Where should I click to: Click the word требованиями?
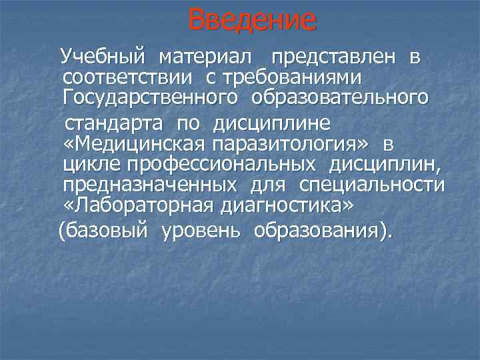(x=295, y=77)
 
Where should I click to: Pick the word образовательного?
(x=340, y=98)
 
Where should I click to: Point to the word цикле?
(x=87, y=163)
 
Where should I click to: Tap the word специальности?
(x=372, y=185)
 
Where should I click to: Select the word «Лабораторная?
(x=139, y=206)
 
